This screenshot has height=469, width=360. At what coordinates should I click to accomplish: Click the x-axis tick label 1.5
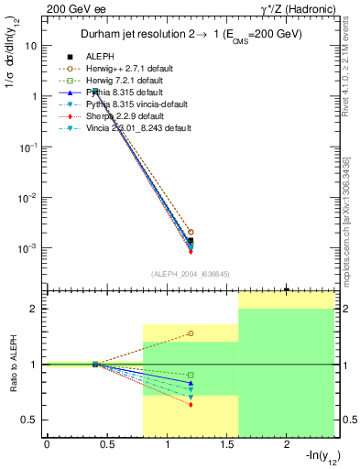pos(227,444)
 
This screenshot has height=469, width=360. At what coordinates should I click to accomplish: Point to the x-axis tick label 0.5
pos(107,444)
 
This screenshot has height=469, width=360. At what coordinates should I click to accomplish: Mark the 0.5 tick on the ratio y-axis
pos(31,420)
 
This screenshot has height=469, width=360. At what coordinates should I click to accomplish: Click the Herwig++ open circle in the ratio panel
pos(190,333)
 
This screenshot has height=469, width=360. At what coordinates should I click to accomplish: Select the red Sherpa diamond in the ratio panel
pos(190,404)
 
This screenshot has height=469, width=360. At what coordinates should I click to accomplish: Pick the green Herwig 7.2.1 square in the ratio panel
pos(190,375)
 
